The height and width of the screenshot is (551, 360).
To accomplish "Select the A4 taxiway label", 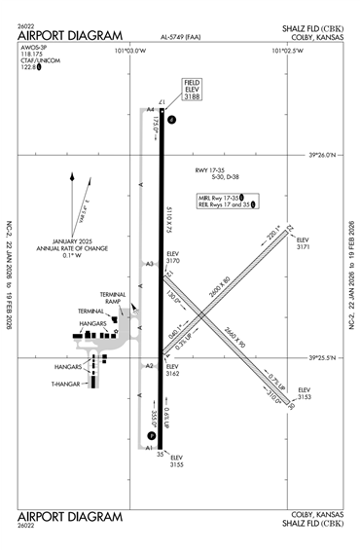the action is (151, 110).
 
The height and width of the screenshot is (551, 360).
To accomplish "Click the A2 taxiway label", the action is (150, 366).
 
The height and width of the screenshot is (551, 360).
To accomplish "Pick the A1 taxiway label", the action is (151, 449).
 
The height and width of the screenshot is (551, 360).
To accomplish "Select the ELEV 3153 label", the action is (304, 392).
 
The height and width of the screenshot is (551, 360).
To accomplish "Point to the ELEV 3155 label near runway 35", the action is (177, 461).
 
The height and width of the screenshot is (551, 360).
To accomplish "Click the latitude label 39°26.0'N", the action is (327, 155).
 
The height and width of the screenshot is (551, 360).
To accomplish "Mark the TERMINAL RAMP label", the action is (115, 299).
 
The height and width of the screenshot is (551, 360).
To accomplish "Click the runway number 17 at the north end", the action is (162, 102).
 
